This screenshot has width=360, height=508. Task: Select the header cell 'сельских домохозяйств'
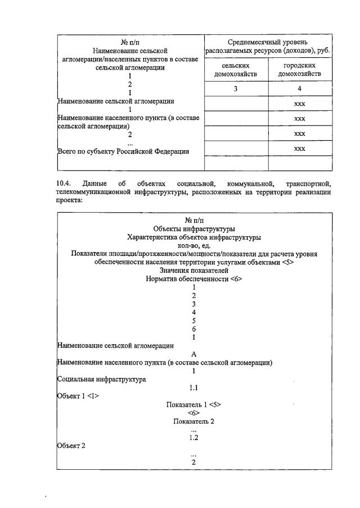236,70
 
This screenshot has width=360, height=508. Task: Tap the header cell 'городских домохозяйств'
299,70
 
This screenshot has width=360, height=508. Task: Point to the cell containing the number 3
236,88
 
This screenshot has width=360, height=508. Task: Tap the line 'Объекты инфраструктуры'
193,229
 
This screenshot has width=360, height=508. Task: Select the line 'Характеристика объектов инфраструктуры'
193,237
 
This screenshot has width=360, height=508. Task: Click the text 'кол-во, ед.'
193,245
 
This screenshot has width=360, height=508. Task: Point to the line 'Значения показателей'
193,270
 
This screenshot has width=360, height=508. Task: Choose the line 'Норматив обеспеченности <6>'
193,278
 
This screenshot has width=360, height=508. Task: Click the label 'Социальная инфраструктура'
102,379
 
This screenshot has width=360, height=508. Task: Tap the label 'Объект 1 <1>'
78,395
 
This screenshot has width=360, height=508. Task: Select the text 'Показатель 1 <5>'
193,404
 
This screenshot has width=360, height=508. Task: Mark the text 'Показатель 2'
193,421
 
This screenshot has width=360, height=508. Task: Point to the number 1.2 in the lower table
193,437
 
